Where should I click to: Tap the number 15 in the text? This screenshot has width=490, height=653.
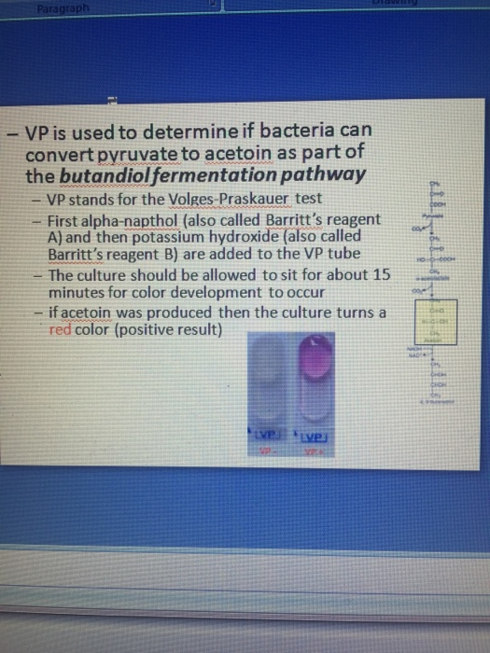pos(385,277)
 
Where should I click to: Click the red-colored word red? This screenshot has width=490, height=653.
pos(62,329)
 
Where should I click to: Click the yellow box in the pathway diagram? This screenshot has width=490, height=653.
pos(437,320)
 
